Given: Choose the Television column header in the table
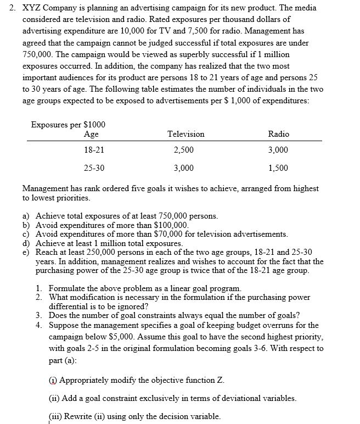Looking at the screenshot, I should pyautogui.click(x=185, y=134).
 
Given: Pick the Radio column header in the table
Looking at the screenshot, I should pyautogui.click(x=278, y=134).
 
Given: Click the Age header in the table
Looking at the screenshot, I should pyautogui.click(x=92, y=134).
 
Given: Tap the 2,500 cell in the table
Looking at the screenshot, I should pyautogui.click(x=183, y=150).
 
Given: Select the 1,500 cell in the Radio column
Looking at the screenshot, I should pyautogui.click(x=278, y=168).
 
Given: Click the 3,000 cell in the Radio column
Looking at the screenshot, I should pyautogui.click(x=278, y=150).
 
